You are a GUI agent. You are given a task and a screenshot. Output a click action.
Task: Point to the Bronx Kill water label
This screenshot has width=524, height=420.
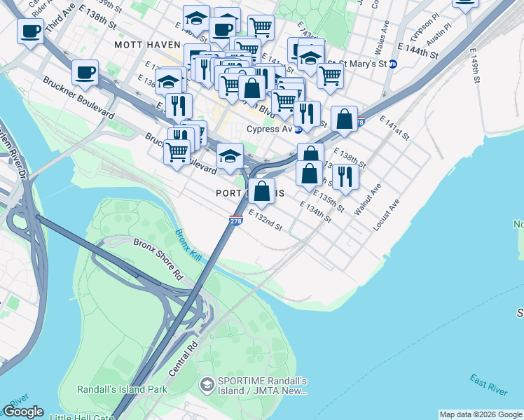[x=188, y=246]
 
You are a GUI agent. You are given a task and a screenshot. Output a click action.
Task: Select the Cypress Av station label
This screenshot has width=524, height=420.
[x=268, y=129]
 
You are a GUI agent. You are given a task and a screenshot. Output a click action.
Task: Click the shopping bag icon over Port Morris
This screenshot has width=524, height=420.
[x=261, y=190]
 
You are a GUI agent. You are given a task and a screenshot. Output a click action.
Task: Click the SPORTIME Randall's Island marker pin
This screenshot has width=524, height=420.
[x=207, y=384]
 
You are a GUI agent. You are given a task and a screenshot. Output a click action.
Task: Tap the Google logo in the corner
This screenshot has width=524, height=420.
[x=23, y=412]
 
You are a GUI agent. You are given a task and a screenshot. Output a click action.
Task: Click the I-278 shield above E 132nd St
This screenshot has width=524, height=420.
[x=235, y=220]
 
